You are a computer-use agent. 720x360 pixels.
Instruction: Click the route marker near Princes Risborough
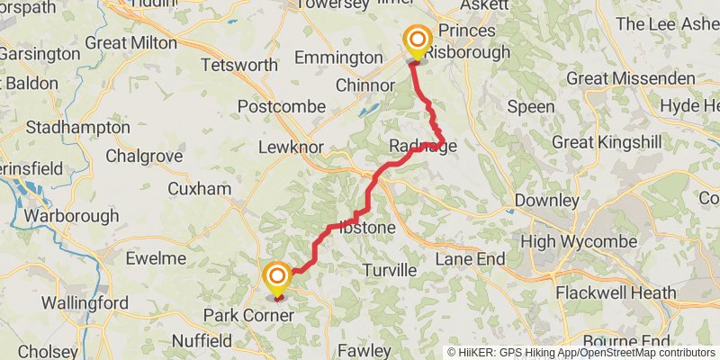click(417, 40)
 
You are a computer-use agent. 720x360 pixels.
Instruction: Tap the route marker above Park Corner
click(276, 276)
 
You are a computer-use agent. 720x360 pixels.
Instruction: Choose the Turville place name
click(390, 270)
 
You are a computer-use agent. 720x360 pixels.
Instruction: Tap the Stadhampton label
click(77, 127)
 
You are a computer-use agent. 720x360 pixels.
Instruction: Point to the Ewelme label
click(156, 258)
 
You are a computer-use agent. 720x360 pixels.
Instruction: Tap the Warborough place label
click(70, 216)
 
